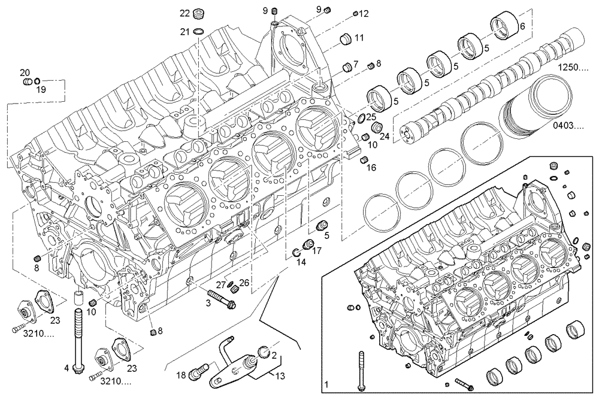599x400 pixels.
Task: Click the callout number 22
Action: pyautogui.click(x=184, y=13)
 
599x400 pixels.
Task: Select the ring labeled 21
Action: pyautogui.click(x=199, y=31)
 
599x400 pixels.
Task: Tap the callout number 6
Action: pyautogui.click(x=522, y=26)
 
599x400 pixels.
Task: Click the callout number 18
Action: pyautogui.click(x=181, y=375)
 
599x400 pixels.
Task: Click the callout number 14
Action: pyautogui.click(x=301, y=262)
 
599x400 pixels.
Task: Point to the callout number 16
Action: pyautogui.click(x=371, y=168)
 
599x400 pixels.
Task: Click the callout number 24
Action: pyautogui.click(x=385, y=137)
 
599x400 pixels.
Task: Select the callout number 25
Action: pyautogui.click(x=371, y=117)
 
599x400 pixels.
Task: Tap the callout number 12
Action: pyautogui.click(x=364, y=13)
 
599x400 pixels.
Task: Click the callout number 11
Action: pyautogui.click(x=359, y=38)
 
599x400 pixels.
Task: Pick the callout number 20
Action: pyautogui.click(x=25, y=72)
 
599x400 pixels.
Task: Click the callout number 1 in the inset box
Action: pyautogui.click(x=326, y=383)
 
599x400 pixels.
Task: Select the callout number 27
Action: pyautogui.click(x=220, y=284)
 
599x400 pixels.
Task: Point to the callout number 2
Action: pyautogui.click(x=274, y=356)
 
